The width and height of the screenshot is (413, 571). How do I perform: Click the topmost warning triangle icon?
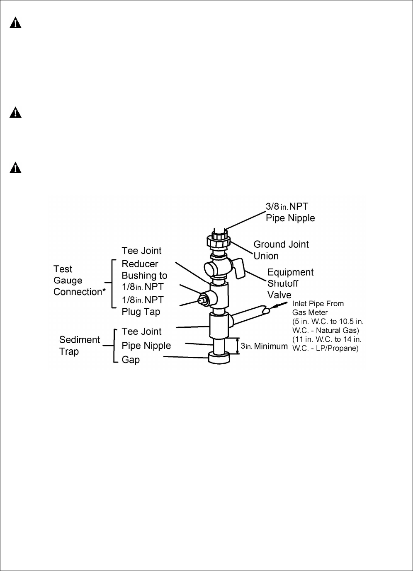[x=15, y=23]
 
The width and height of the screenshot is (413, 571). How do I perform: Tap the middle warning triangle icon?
[x=15, y=112]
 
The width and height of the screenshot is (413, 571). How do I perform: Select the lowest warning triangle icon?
[x=15, y=168]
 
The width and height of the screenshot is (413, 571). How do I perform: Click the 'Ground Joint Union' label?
[x=281, y=250]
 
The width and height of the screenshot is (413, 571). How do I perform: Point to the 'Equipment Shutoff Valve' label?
[x=290, y=283]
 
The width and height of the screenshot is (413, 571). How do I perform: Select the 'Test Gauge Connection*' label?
[x=79, y=281]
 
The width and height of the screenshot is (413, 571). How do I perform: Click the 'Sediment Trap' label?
[x=79, y=346]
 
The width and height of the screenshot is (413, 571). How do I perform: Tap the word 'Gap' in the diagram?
[x=131, y=360]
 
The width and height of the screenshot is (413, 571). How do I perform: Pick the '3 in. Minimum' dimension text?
[x=264, y=346]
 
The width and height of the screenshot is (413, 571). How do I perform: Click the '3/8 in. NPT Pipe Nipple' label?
[x=290, y=212]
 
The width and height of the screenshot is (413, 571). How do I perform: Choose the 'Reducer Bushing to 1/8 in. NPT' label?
[x=144, y=275]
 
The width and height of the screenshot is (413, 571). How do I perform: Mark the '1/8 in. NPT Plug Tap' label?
[x=142, y=306]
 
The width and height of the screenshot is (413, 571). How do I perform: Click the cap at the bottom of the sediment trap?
[x=219, y=358]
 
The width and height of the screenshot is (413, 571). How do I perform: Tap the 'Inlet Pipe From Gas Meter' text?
[x=318, y=308]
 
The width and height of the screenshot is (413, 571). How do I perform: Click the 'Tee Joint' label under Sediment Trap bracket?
[x=141, y=331]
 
